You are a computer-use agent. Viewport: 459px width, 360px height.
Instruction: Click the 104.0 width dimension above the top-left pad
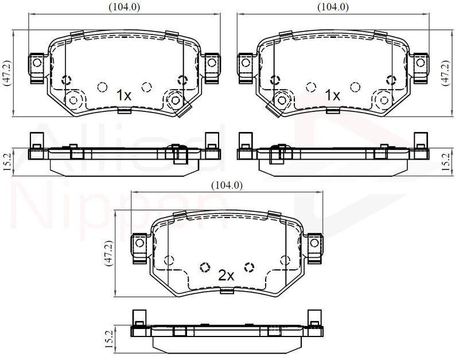[x=125, y=7]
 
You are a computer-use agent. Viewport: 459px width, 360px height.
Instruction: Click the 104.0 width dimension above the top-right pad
[x=333, y=7]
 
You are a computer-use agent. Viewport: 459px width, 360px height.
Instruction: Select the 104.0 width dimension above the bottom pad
[x=227, y=185]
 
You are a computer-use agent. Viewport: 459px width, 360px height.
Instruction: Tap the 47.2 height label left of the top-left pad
[x=6, y=73]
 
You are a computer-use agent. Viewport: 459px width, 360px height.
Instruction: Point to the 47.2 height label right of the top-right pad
[x=446, y=73]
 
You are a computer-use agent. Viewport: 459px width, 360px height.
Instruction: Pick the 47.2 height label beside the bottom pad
[x=108, y=253]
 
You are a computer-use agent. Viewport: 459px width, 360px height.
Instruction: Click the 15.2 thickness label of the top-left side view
[x=7, y=162]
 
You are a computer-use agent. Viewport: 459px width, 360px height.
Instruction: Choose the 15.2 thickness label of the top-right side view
[x=446, y=162]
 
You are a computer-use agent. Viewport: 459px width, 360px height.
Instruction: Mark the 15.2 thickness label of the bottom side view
[x=108, y=339]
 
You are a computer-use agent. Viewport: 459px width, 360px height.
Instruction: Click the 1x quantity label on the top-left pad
[x=124, y=95]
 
